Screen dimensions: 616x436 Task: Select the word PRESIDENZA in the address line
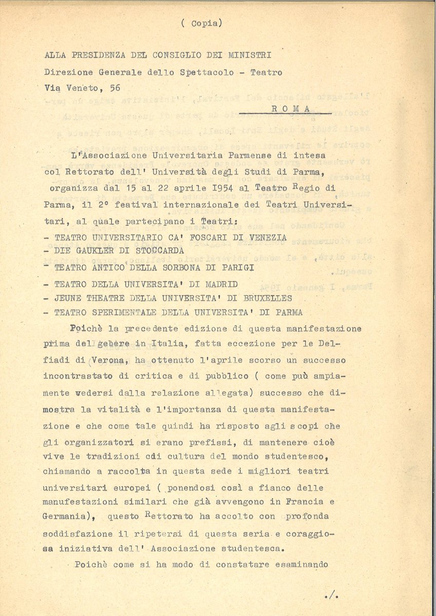100,55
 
